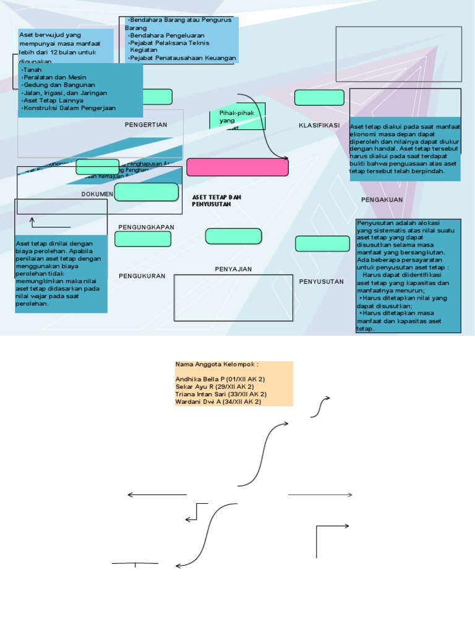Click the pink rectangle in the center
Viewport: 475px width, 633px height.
237,167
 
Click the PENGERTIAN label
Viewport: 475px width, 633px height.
146,125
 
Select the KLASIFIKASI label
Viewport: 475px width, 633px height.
319,125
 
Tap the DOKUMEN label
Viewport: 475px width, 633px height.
98,194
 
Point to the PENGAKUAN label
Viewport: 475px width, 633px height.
382,200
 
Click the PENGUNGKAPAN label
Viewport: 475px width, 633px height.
146,227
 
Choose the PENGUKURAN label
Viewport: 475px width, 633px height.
142,276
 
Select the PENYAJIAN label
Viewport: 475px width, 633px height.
233,269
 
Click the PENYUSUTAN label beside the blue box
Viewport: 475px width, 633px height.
321,282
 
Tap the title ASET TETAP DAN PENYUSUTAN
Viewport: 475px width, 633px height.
216,200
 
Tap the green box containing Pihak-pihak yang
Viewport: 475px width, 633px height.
237,116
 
